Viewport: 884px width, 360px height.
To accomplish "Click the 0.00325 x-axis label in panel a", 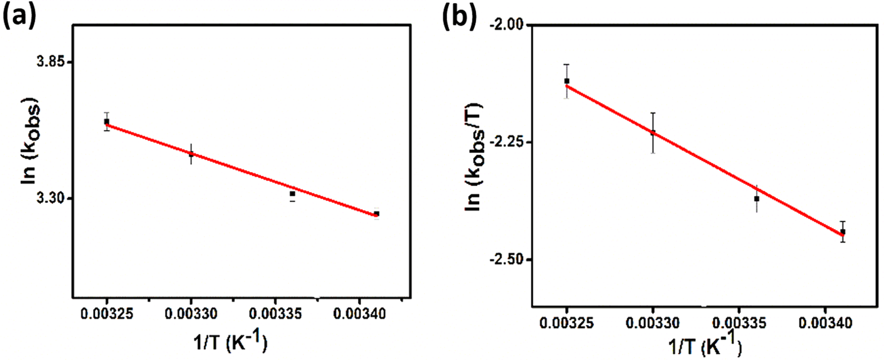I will point(107,314).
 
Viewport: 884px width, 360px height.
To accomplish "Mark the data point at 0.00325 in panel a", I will point(107,122).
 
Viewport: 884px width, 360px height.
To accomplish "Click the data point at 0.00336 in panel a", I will point(292,194).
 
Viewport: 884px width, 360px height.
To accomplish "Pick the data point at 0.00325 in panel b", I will point(566,81).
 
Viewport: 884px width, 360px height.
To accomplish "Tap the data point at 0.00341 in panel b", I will point(843,231).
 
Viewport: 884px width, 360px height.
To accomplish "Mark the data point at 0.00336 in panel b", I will point(756,199).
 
